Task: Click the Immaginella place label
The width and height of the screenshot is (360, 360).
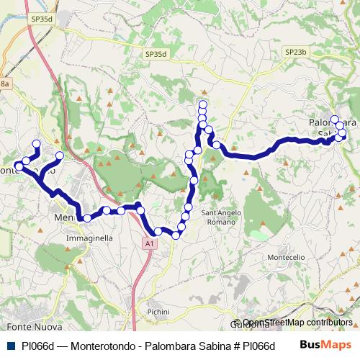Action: click(89, 237)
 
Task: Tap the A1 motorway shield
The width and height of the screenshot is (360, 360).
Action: click(149, 245)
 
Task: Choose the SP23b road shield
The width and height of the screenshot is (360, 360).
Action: click(295, 53)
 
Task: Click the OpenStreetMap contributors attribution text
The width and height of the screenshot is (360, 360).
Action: click(297, 323)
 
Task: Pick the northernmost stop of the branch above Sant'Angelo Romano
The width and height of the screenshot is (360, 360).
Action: click(202, 106)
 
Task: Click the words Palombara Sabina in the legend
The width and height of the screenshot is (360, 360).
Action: click(176, 345)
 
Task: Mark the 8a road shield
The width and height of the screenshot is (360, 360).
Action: click(5, 84)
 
